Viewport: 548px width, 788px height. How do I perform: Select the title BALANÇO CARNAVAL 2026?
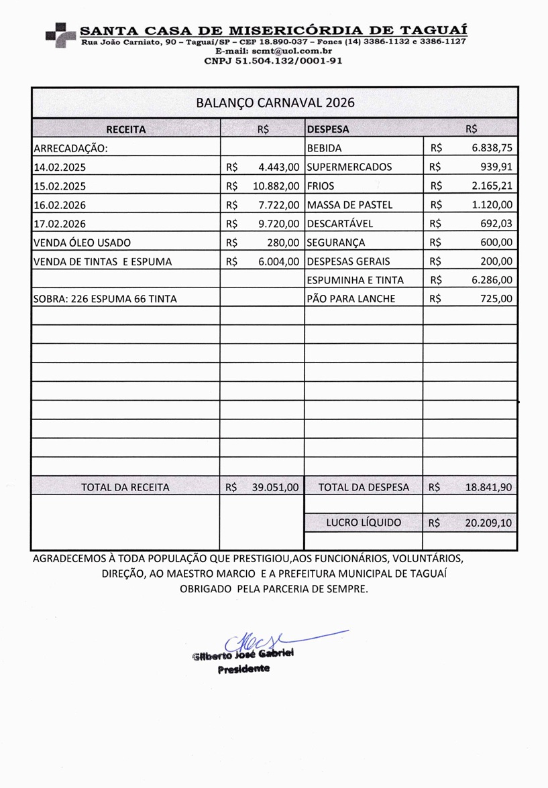tap(275, 103)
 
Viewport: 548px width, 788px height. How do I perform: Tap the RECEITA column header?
tap(125, 129)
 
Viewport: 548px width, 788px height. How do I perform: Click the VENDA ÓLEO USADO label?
tap(82, 243)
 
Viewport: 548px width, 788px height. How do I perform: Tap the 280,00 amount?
tap(283, 243)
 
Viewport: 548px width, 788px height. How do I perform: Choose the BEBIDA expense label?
tap(324, 148)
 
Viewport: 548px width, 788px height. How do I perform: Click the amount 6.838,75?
tap(492, 148)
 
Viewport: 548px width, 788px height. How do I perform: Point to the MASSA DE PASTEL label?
tap(349, 205)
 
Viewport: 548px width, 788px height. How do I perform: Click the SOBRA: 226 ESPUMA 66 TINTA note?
tap(105, 299)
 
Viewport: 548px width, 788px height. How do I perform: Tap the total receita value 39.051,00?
tap(276, 487)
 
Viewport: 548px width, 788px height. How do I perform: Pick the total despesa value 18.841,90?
tap(489, 487)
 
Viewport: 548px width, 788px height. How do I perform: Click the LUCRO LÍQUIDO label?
tap(364, 523)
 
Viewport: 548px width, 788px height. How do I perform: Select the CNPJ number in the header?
tap(274, 60)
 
